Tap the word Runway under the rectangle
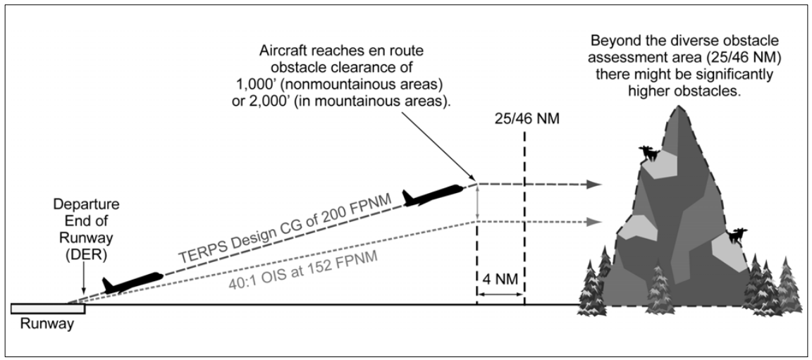[x=47, y=325]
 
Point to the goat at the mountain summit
[x=648, y=153]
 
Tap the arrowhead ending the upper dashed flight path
[x=596, y=185]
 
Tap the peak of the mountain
[x=679, y=108]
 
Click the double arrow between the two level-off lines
[x=477, y=203]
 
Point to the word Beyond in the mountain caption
[x=611, y=39]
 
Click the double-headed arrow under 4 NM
[x=500, y=291]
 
